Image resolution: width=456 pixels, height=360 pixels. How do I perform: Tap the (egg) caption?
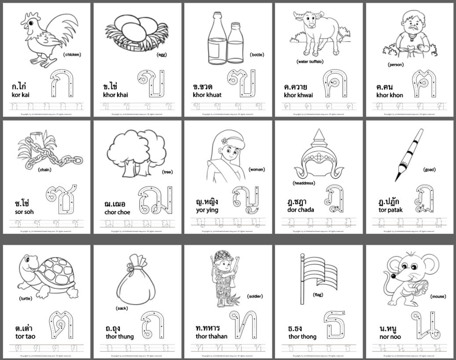pos(162,55)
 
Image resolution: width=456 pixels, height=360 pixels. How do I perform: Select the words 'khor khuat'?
pos(207,95)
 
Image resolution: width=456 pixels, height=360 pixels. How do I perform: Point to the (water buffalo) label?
pos(310,61)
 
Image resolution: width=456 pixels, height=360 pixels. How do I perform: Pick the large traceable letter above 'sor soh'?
pos(62,200)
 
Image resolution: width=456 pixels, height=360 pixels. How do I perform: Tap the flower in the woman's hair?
pos(224,141)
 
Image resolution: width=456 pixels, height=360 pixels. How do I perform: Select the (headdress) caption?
pos(304,183)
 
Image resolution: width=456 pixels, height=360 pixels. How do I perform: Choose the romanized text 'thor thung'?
pos(120,336)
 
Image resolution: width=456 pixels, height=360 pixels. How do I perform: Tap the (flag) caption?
pos(318,295)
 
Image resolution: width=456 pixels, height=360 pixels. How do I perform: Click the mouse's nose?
pos(393,276)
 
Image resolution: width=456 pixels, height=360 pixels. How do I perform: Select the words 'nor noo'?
pos(390,337)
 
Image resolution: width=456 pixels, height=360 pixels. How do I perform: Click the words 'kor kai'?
pos(20,95)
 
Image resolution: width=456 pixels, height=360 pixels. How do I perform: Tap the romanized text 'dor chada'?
pos(300,210)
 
